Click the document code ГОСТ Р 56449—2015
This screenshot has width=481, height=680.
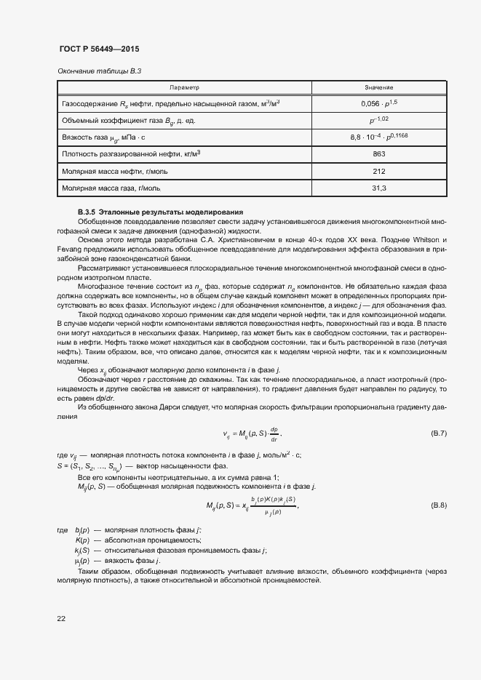[98, 49]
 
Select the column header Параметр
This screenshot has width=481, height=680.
[184, 87]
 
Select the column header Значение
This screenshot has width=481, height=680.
[378, 87]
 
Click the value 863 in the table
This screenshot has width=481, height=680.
[378, 154]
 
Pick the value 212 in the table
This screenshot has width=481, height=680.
[378, 171]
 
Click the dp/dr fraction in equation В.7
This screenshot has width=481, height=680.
[274, 434]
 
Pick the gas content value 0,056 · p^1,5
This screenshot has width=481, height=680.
[378, 104]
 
